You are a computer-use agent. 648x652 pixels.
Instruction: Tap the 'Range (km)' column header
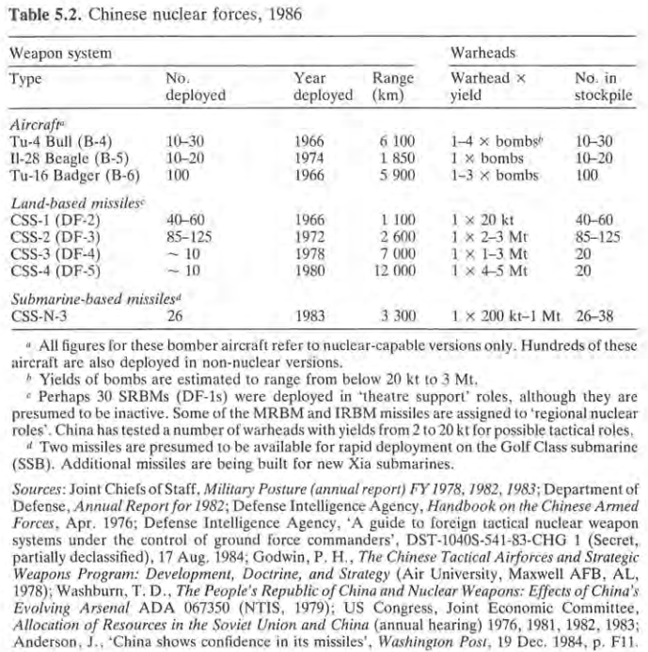pos(392,87)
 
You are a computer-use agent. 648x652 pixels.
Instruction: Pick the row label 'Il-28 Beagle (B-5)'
pos(62,157)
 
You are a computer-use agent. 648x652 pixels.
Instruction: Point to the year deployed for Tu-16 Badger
pos(309,173)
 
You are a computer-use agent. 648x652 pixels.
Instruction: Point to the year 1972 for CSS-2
pos(309,238)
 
